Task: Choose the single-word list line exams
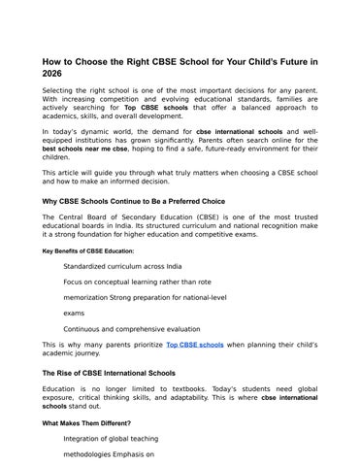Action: pyautogui.click(x=75, y=314)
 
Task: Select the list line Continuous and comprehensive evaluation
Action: pyautogui.click(x=131, y=329)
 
